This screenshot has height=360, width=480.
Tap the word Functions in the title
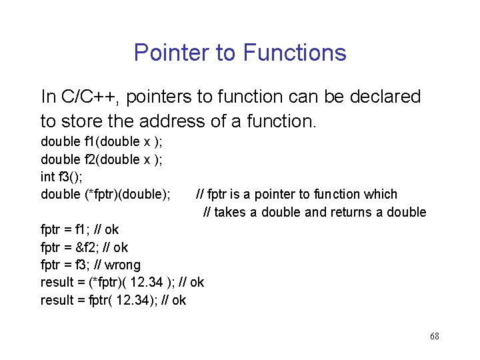tap(295, 53)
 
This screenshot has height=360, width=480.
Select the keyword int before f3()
tap(47, 177)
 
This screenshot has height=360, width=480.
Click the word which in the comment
tap(382, 194)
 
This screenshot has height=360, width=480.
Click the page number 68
tap(434, 336)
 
